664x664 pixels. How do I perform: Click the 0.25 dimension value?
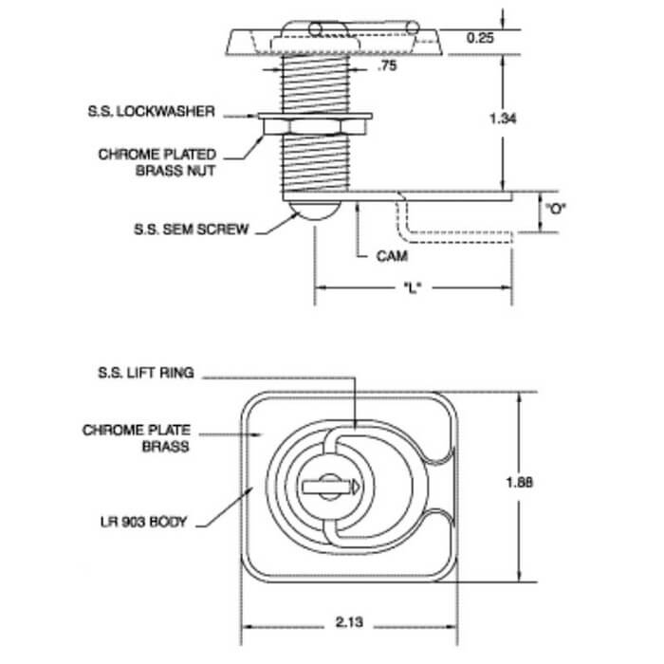click(480, 38)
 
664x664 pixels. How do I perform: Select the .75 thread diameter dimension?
click(387, 65)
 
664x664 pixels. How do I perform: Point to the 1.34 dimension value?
click(503, 119)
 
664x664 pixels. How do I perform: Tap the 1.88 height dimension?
click(520, 482)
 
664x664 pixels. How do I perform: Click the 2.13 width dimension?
click(349, 622)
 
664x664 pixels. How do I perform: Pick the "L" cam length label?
click(413, 288)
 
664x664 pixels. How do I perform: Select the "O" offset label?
click(556, 209)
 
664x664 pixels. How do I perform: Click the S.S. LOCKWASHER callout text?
click(151, 111)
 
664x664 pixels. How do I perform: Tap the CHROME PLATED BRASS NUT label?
click(157, 162)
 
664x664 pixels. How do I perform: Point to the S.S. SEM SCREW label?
click(191, 230)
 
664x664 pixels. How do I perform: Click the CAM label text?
click(392, 256)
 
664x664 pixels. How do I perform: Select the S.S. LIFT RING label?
click(146, 373)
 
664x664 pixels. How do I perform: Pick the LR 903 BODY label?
click(143, 522)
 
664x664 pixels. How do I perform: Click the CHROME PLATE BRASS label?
click(137, 438)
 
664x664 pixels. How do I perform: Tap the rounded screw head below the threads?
click(314, 210)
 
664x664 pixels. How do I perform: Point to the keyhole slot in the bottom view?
click(331, 487)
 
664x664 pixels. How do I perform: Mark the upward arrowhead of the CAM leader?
click(358, 207)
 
